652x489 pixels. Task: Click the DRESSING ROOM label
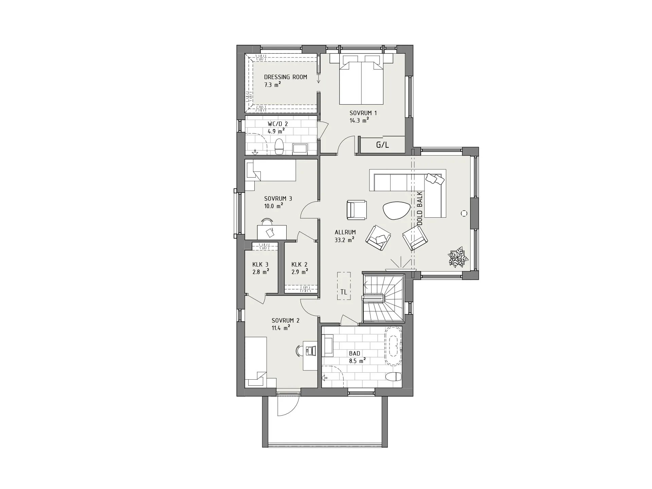tap(285, 77)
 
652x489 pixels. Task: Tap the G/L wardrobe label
tap(382, 145)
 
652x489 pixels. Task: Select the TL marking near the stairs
tap(344, 292)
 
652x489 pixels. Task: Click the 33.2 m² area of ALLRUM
tap(345, 239)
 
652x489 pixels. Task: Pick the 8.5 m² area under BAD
tap(357, 361)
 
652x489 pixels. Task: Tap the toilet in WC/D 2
tap(279, 147)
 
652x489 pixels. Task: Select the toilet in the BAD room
tap(394, 377)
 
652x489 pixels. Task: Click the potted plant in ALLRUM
tap(458, 257)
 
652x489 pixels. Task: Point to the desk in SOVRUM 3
tap(272, 232)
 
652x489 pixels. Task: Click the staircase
tap(383, 298)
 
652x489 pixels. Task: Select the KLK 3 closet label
tap(260, 265)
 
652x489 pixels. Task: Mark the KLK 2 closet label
tap(299, 265)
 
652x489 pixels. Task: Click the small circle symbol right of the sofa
tap(464, 213)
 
